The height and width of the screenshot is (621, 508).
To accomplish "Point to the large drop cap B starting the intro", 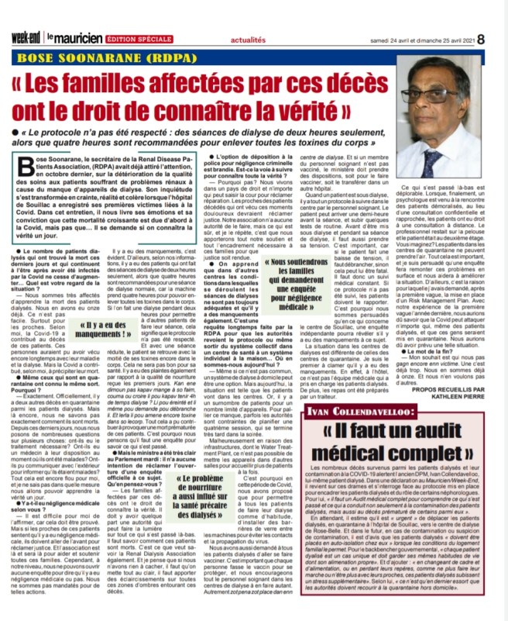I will pos(26,171).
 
